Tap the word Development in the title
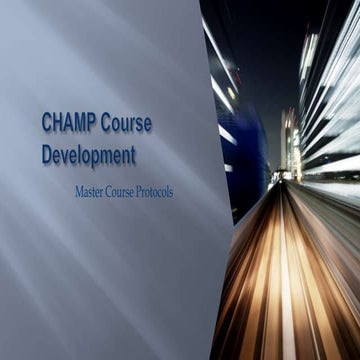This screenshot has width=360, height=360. tap(88, 155)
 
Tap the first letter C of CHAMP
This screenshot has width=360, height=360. tap(47, 123)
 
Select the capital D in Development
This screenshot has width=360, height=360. tap(47, 155)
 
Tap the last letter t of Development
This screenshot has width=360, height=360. tap(132, 155)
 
